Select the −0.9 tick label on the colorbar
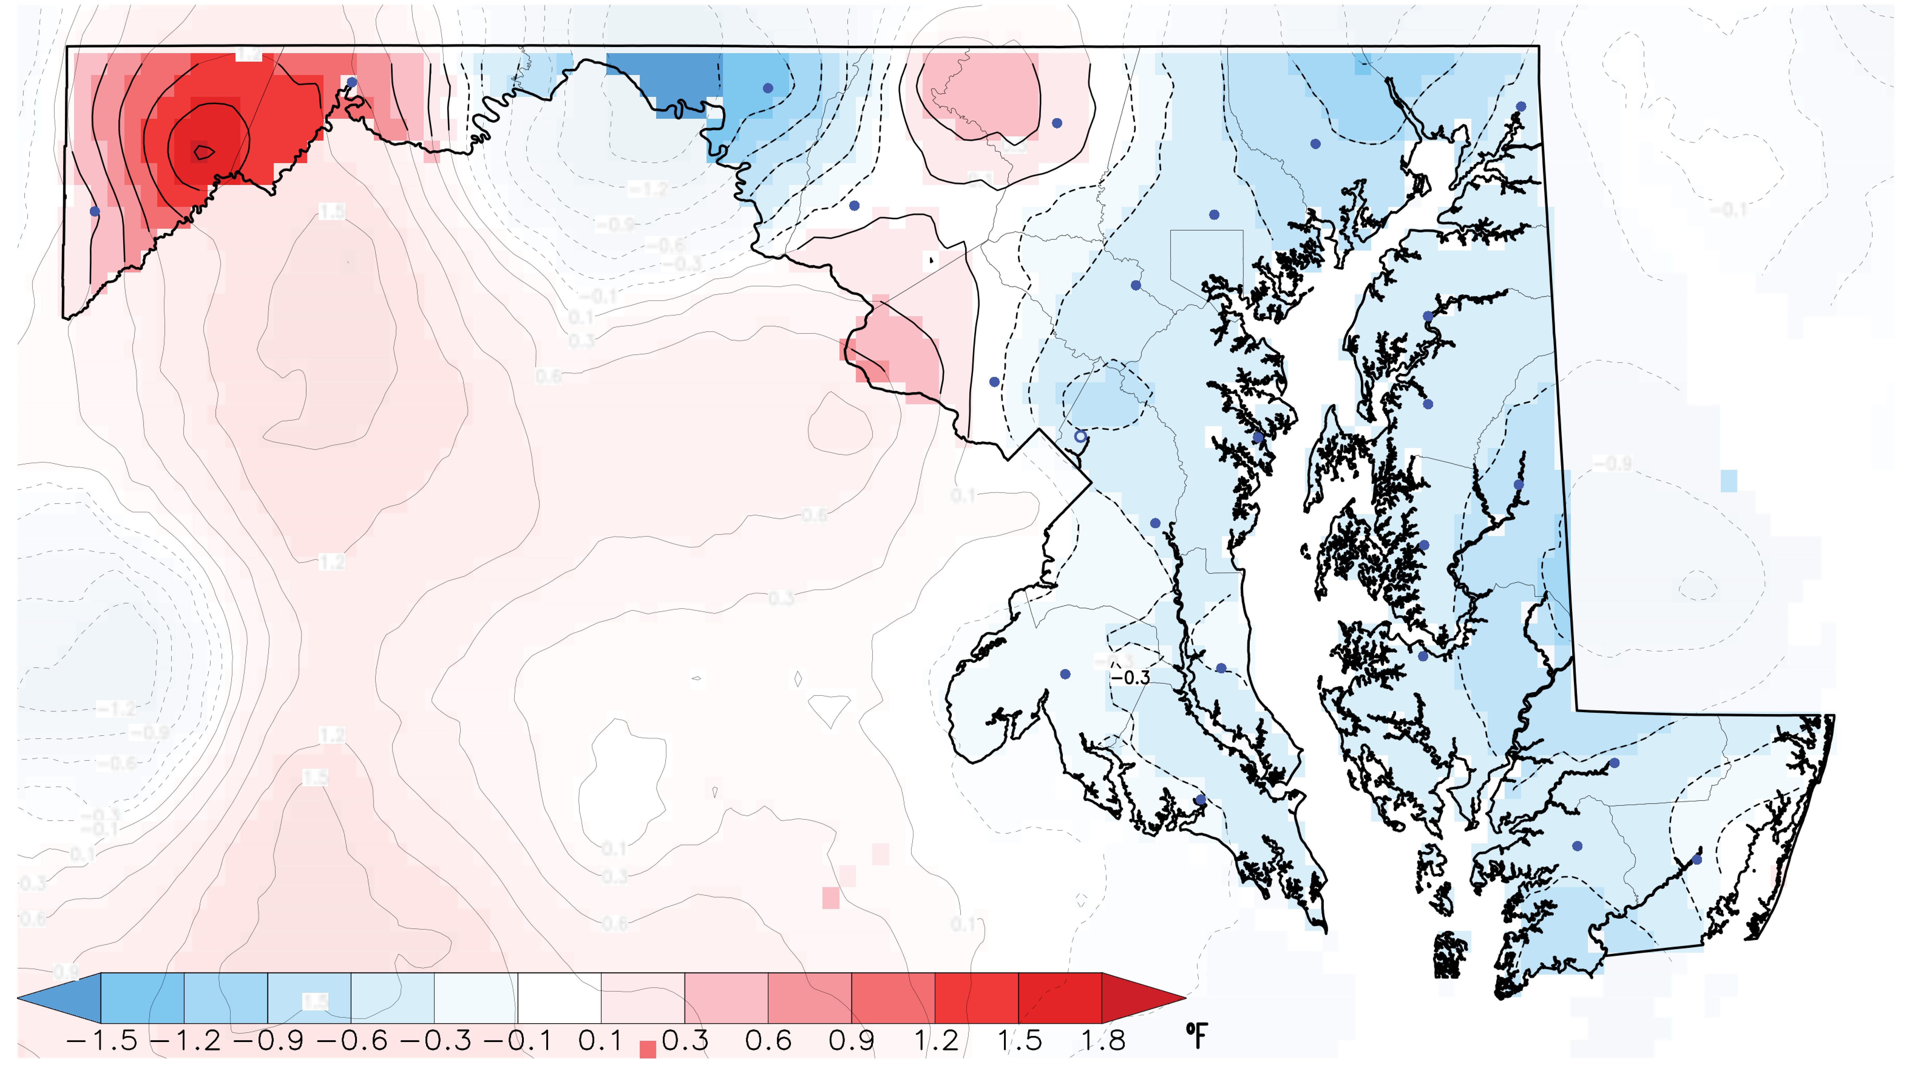click(x=268, y=1040)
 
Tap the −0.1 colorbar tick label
click(x=517, y=1040)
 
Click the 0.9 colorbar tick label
click(x=851, y=1040)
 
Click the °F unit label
click(x=1196, y=1034)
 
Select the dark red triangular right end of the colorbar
click(x=1139, y=997)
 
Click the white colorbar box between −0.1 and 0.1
click(x=559, y=997)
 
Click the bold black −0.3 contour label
click(x=1131, y=677)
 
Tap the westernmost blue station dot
click(x=94, y=211)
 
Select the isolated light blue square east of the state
click(x=1729, y=480)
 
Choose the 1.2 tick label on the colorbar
click(x=935, y=1040)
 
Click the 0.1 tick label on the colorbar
click(x=601, y=1040)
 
